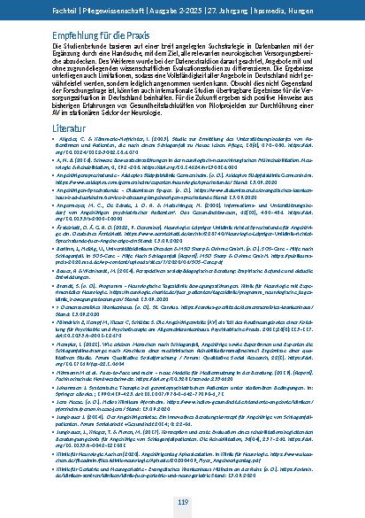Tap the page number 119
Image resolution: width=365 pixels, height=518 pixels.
[x=182, y=501]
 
